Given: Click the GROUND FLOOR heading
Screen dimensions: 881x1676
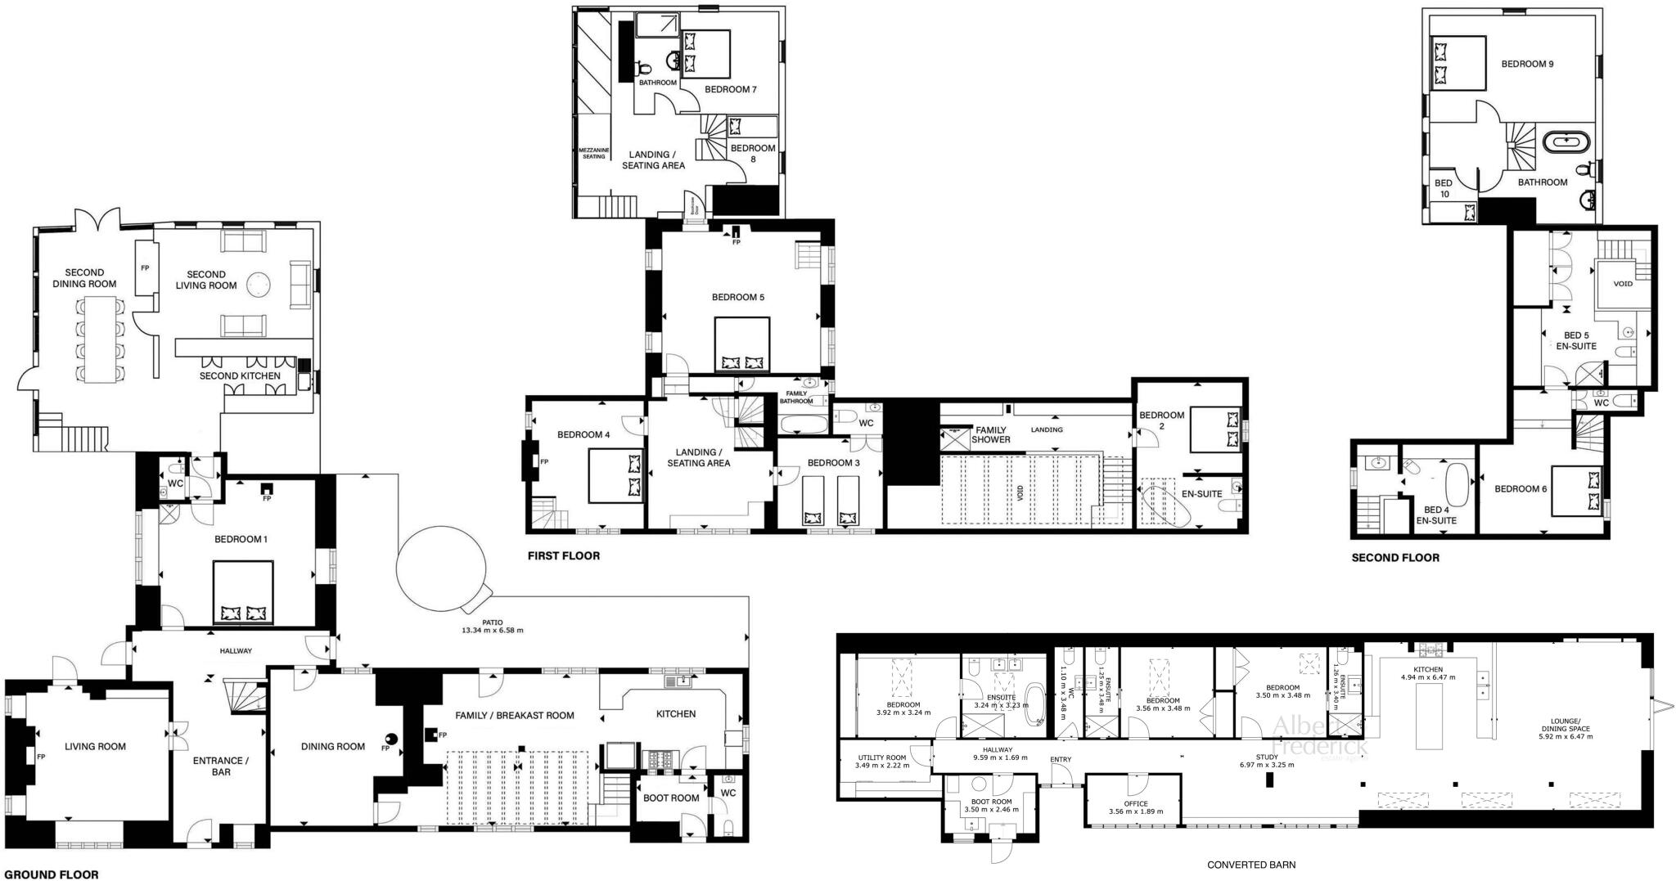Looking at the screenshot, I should pos(50,874).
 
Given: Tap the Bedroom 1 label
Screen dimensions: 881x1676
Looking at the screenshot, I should pos(241,539).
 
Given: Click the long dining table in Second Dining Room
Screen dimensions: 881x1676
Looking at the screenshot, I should pos(98,339).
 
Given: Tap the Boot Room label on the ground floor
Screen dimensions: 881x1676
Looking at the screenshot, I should pos(671,798).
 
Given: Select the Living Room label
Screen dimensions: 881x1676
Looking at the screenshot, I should pos(95,746).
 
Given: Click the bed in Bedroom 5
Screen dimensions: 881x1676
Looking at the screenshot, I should pos(742,344).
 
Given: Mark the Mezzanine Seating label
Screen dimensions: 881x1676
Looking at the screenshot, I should pos(594,153).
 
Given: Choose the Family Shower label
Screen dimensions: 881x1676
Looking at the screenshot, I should pos(990,434).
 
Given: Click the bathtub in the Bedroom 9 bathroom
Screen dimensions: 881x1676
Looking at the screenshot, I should pos(1567,142).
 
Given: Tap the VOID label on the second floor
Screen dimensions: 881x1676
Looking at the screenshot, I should pos(1622,284).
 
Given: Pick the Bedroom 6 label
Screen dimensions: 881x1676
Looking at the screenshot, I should pos(1521,488).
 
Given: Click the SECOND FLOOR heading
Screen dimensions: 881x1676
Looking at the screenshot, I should pos(1394,558).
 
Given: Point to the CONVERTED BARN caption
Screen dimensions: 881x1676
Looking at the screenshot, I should pos(1251,864).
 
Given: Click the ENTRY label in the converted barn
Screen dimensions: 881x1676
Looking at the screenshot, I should pos(1060,759).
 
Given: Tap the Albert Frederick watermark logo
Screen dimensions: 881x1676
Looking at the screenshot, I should pos(1318,735).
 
